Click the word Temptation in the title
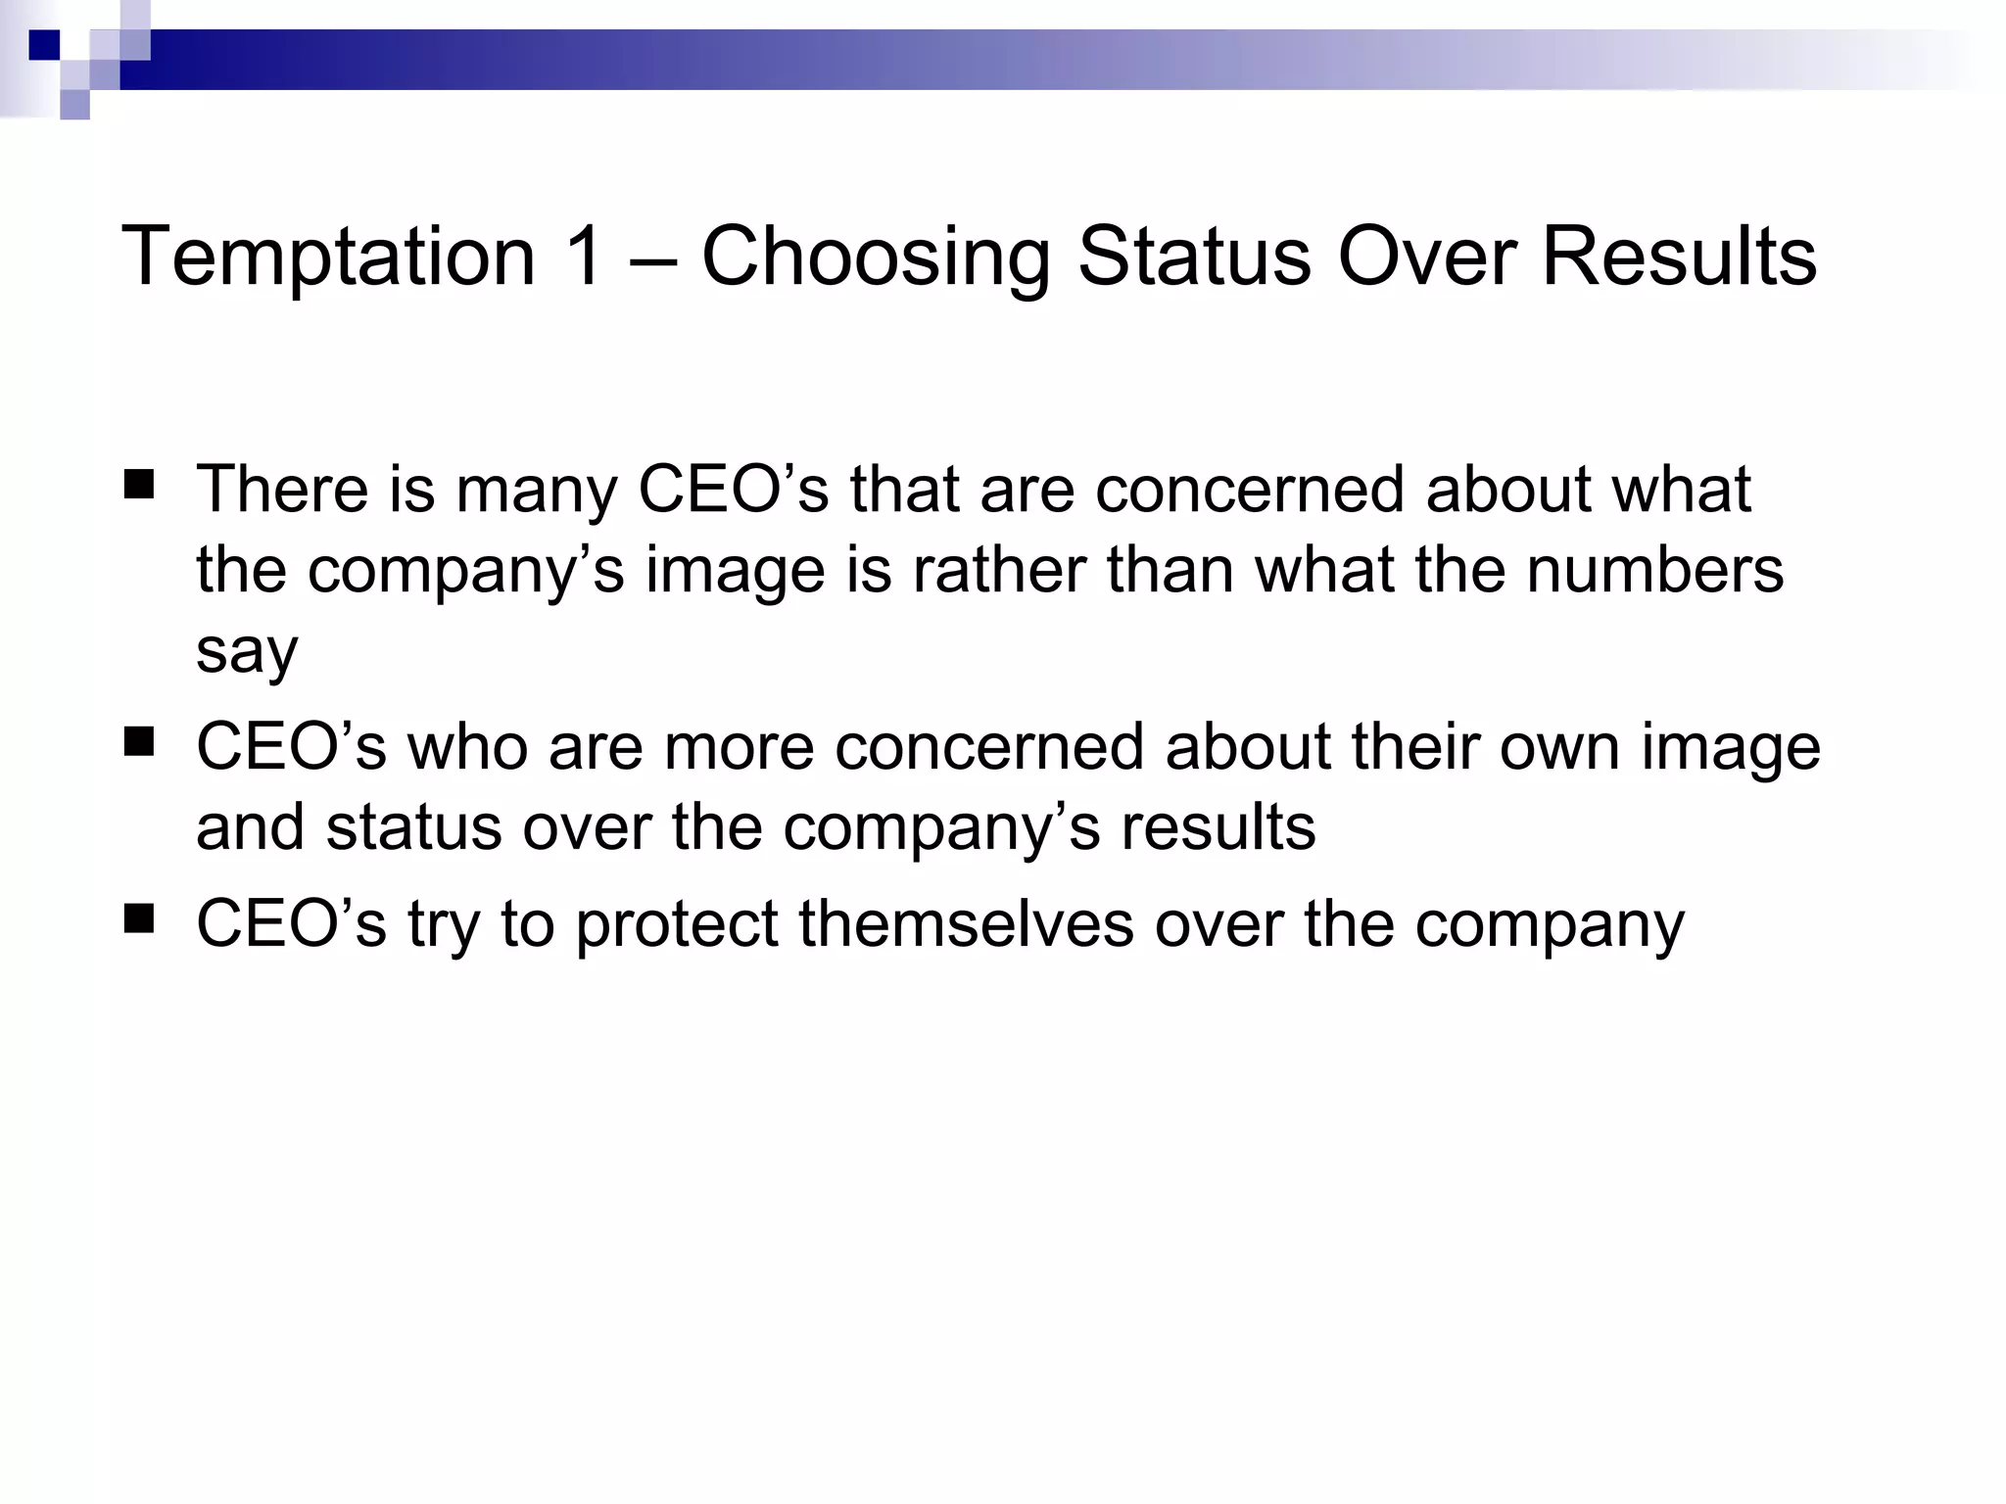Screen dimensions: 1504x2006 point(328,258)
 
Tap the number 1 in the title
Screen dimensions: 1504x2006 point(584,256)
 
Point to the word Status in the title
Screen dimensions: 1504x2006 point(1194,256)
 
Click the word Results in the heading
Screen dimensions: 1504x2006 point(1679,256)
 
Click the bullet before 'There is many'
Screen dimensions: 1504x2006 point(139,485)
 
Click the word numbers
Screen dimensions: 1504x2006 point(1654,570)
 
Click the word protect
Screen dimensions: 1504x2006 point(677,925)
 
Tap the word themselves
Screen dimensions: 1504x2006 point(966,923)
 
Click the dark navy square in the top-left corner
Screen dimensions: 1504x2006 point(44,45)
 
